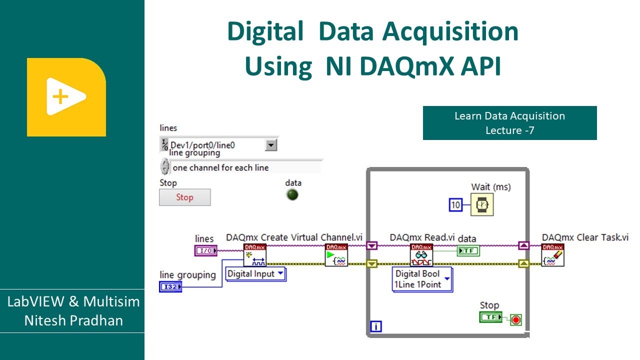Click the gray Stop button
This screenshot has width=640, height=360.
coord(184,197)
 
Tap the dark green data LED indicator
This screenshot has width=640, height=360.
coord(292,194)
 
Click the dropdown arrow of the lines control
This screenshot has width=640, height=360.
coord(270,145)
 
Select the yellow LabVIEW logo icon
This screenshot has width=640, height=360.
coord(66,97)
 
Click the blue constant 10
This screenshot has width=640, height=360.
coord(455,204)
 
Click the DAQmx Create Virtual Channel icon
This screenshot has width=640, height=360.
coord(254,255)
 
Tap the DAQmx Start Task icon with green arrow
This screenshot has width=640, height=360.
coord(336,255)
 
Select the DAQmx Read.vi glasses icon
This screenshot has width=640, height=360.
coord(421,255)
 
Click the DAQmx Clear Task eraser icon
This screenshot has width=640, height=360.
coord(552,255)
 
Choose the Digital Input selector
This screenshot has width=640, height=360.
coord(255,274)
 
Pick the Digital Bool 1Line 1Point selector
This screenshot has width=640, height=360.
coord(422,279)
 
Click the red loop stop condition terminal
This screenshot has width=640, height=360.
coord(515,319)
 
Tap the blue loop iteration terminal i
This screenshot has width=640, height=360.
coord(376,327)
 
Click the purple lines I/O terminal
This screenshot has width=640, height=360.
coord(205,250)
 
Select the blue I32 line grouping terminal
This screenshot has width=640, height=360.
coord(170,286)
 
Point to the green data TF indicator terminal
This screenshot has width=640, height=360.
coord(468,250)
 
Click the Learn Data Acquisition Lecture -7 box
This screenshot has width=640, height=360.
coord(509,123)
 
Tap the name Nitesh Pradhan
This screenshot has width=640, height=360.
coord(73,320)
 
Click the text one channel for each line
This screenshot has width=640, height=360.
coord(220,168)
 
